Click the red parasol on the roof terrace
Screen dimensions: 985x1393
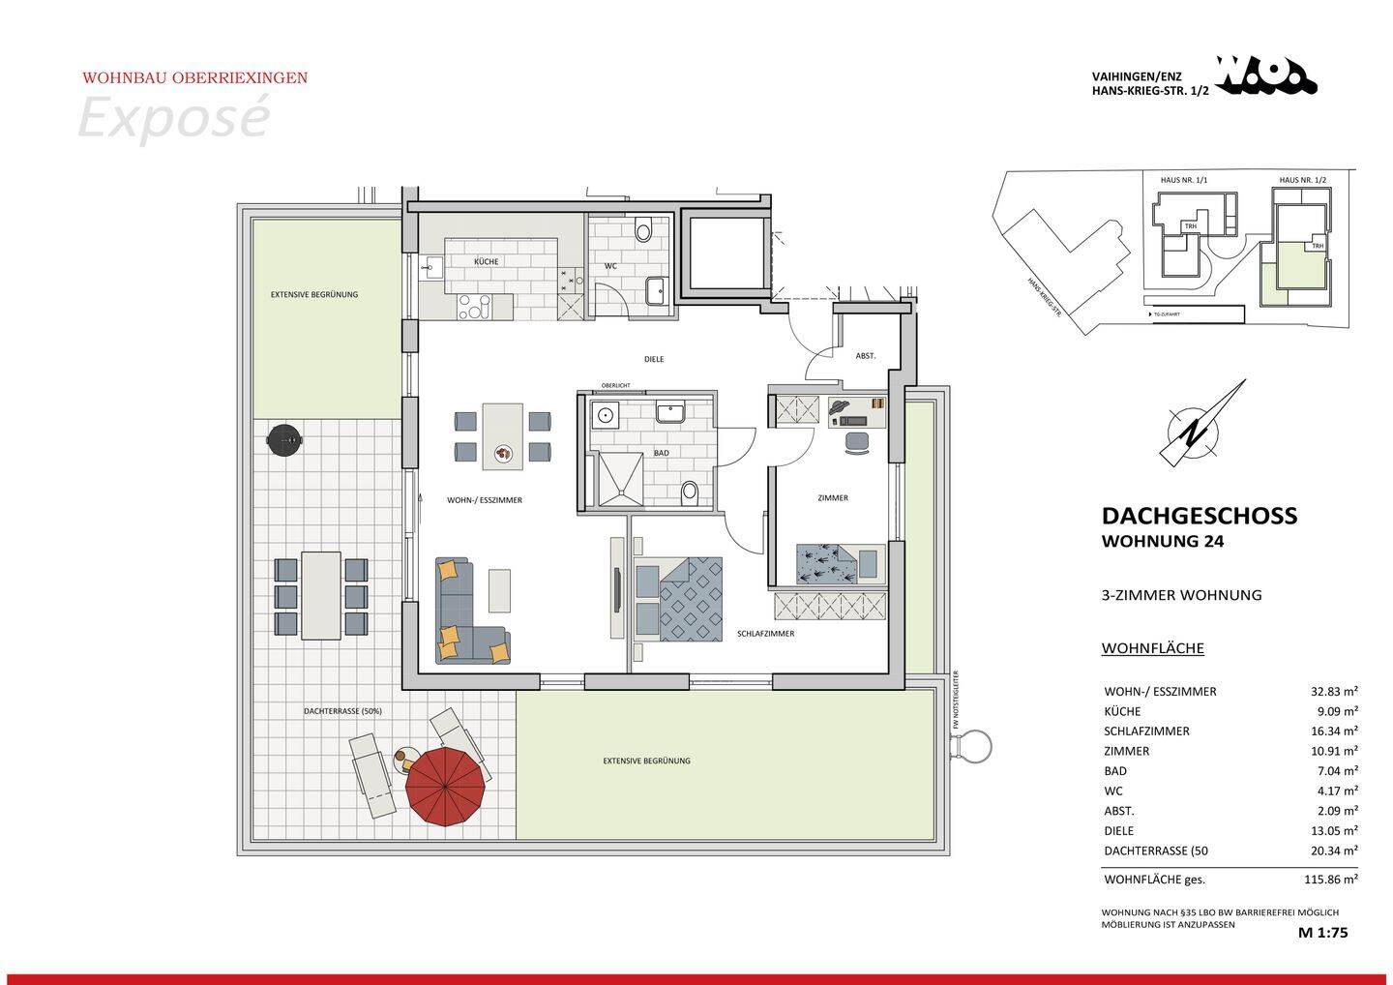(445, 786)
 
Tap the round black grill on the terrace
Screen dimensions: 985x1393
(285, 439)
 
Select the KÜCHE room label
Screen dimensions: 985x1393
(486, 262)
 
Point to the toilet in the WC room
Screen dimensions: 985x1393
(643, 232)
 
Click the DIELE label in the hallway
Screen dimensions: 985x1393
(654, 359)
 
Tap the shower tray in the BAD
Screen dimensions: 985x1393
(616, 478)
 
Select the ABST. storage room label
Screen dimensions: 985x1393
(865, 356)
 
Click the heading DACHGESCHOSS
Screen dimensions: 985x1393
(1199, 516)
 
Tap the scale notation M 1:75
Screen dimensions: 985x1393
(1322, 934)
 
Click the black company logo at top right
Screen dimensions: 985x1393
(1266, 75)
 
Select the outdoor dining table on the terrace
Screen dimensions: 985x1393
(321, 595)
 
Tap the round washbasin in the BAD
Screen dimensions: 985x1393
(606, 416)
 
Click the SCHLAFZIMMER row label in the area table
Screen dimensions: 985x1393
(1146, 731)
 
